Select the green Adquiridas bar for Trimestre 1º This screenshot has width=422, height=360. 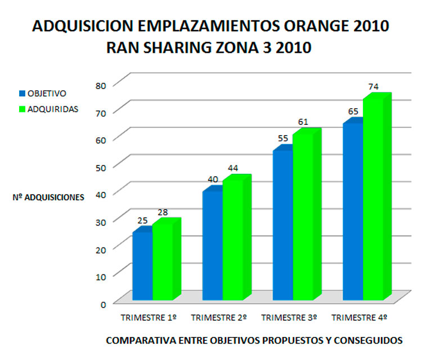(163, 262)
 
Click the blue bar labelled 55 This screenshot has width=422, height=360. (282, 225)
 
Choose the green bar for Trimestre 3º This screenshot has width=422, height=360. (303, 217)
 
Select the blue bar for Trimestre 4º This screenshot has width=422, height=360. (352, 211)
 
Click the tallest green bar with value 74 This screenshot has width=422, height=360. (373, 200)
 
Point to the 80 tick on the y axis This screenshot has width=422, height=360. (100, 85)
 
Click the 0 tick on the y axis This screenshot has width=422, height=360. (103, 304)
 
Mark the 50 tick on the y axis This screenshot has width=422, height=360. (100, 165)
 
